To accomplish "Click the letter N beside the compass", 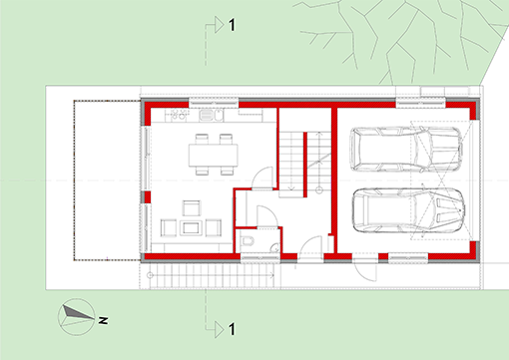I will [104, 321].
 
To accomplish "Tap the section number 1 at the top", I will [233, 25].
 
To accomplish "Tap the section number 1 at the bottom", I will [233, 328].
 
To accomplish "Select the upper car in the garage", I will [406, 150].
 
